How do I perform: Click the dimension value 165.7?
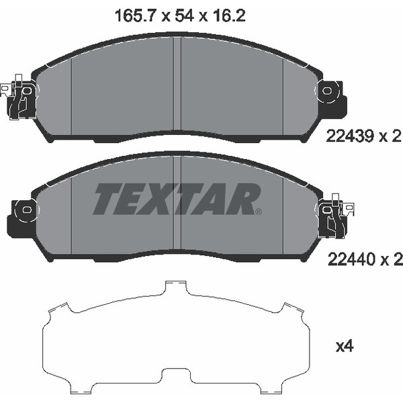135,16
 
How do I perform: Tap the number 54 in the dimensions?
184,16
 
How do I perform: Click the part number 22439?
349,136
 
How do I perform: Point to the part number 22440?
351,259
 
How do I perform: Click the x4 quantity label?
345,347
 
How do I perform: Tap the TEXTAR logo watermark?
177,199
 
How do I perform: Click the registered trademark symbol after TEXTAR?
259,212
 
